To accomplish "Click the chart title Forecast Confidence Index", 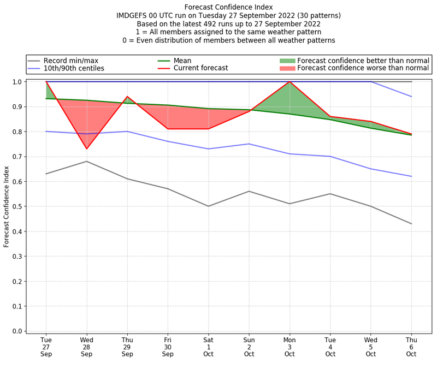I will [x=228, y=7].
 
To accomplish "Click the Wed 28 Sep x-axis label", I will [x=86, y=347].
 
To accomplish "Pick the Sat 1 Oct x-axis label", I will [x=208, y=347].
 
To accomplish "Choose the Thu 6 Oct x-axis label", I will [x=411, y=347].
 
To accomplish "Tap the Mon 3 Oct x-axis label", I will [x=290, y=347].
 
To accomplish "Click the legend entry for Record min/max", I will [x=70, y=61].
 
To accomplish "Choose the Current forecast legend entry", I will [x=200, y=69].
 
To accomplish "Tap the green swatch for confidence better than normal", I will [x=287, y=61].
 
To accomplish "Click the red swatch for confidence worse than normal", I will [x=287, y=69].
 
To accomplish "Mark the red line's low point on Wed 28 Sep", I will [x=86, y=149].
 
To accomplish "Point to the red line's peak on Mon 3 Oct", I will [x=290, y=82].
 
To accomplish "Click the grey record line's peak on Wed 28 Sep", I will [x=86, y=161].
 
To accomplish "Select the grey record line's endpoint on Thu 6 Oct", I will [x=411, y=224].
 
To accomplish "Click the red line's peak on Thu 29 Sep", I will [x=127, y=97].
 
